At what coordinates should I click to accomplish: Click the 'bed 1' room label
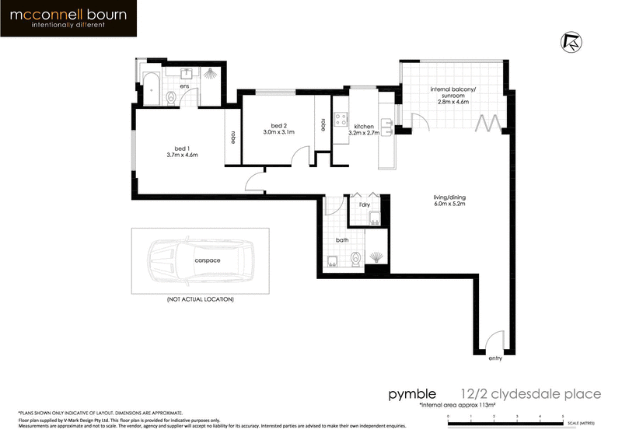(x=183, y=150)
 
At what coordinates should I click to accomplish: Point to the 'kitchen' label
(x=365, y=127)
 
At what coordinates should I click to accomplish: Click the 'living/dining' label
(x=449, y=201)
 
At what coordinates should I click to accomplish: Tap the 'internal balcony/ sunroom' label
(x=452, y=96)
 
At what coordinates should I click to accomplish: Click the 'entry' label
(x=495, y=358)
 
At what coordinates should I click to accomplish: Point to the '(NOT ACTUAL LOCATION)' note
(x=200, y=299)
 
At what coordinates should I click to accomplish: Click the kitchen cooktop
(x=340, y=120)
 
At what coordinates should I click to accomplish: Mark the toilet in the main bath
(x=357, y=259)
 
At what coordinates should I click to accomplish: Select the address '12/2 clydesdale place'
(x=530, y=394)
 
